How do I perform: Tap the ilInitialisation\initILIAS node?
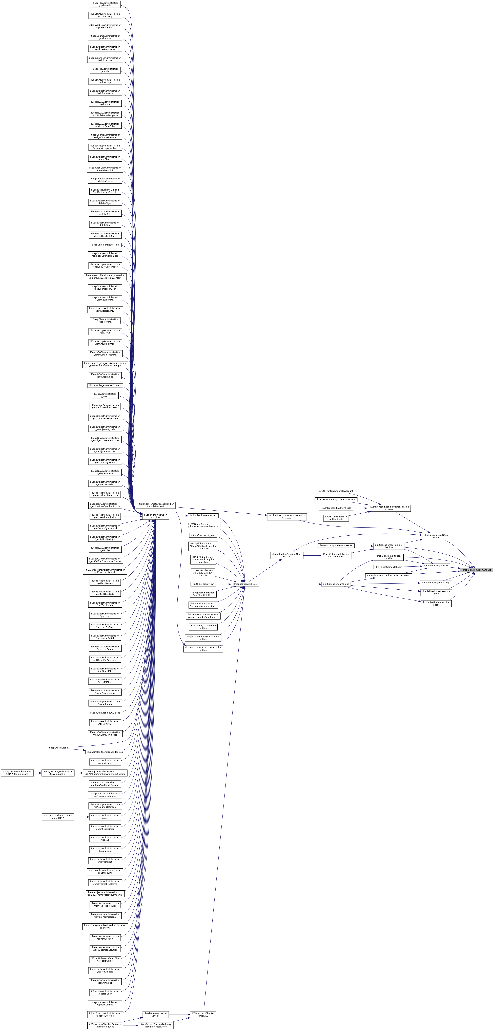point(245,584)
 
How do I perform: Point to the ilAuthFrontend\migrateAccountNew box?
point(336,499)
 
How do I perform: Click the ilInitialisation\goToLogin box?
point(388,567)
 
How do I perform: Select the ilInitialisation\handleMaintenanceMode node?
point(388,576)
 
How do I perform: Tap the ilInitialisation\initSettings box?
point(436,583)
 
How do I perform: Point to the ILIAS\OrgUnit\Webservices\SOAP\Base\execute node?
point(17,773)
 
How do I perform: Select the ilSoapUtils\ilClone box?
point(58,748)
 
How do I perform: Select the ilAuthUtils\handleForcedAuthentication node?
point(336,555)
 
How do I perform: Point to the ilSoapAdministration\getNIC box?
point(105,395)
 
